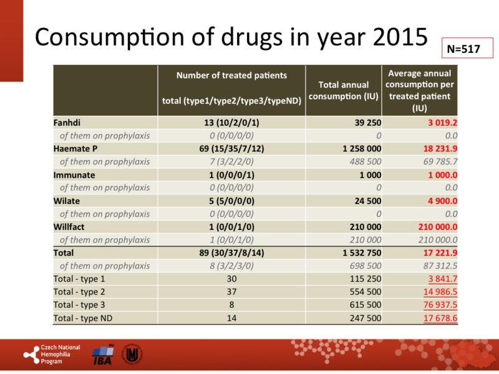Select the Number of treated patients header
coord(231,75)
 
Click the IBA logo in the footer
coord(102,354)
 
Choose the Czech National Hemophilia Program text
coord(59,354)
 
